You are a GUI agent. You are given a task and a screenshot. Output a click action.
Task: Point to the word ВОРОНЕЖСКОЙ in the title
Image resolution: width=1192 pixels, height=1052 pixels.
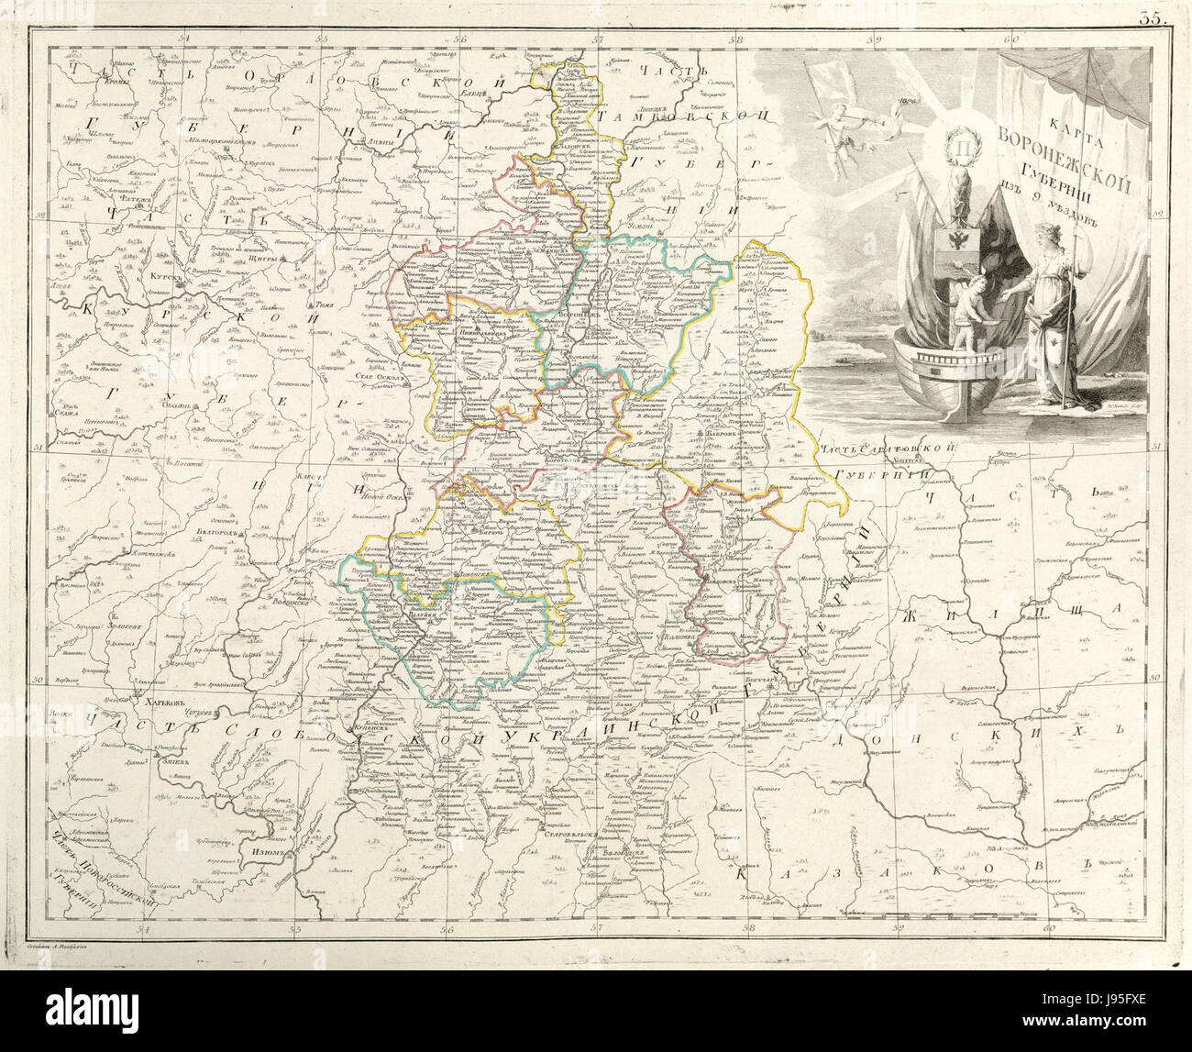(x=1066, y=158)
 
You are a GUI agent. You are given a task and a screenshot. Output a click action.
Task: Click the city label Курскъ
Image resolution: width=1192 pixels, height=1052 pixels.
(x=162, y=274)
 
